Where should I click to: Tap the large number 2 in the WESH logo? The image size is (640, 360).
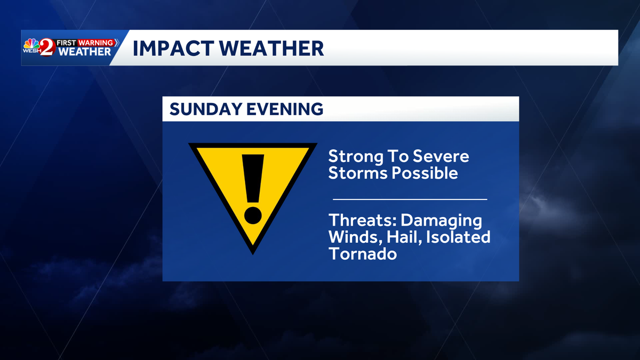click(x=47, y=48)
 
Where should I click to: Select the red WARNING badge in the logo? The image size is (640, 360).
click(x=96, y=42)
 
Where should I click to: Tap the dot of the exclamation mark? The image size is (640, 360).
click(x=253, y=214)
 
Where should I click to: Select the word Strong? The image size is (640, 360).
click(x=354, y=157)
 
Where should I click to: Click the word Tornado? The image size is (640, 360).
click(x=363, y=253)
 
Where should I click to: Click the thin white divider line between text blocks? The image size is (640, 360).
click(x=410, y=199)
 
